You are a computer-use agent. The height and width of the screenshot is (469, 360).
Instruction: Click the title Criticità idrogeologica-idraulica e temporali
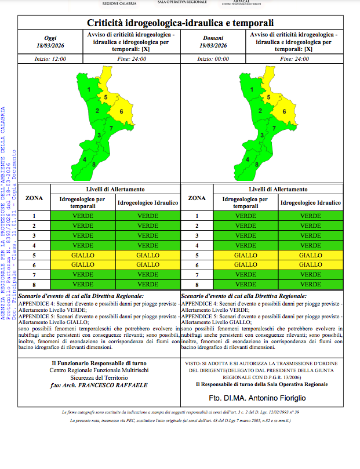(x=180, y=23)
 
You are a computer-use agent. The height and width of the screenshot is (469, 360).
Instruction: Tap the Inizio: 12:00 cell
(x=51, y=59)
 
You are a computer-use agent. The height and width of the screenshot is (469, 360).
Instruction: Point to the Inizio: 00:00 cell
(x=213, y=59)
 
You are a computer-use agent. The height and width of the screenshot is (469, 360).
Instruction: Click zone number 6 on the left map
(x=122, y=111)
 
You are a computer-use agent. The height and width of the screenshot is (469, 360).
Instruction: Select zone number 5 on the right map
(x=268, y=97)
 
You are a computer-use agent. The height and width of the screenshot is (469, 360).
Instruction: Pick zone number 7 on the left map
(x=111, y=128)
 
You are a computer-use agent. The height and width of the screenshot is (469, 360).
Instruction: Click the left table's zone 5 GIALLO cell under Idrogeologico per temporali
(x=82, y=255)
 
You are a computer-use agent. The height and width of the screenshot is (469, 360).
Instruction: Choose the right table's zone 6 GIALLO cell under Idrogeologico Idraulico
(x=310, y=265)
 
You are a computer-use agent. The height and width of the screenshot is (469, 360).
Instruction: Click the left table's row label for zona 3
(x=34, y=235)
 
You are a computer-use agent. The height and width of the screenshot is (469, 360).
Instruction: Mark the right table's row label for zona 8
(x=197, y=285)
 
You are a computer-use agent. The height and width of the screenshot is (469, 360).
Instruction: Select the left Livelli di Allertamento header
(x=116, y=190)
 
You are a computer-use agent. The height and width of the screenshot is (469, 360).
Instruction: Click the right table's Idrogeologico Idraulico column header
(x=310, y=203)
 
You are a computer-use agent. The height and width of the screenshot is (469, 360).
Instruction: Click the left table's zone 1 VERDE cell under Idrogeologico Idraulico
(x=148, y=216)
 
